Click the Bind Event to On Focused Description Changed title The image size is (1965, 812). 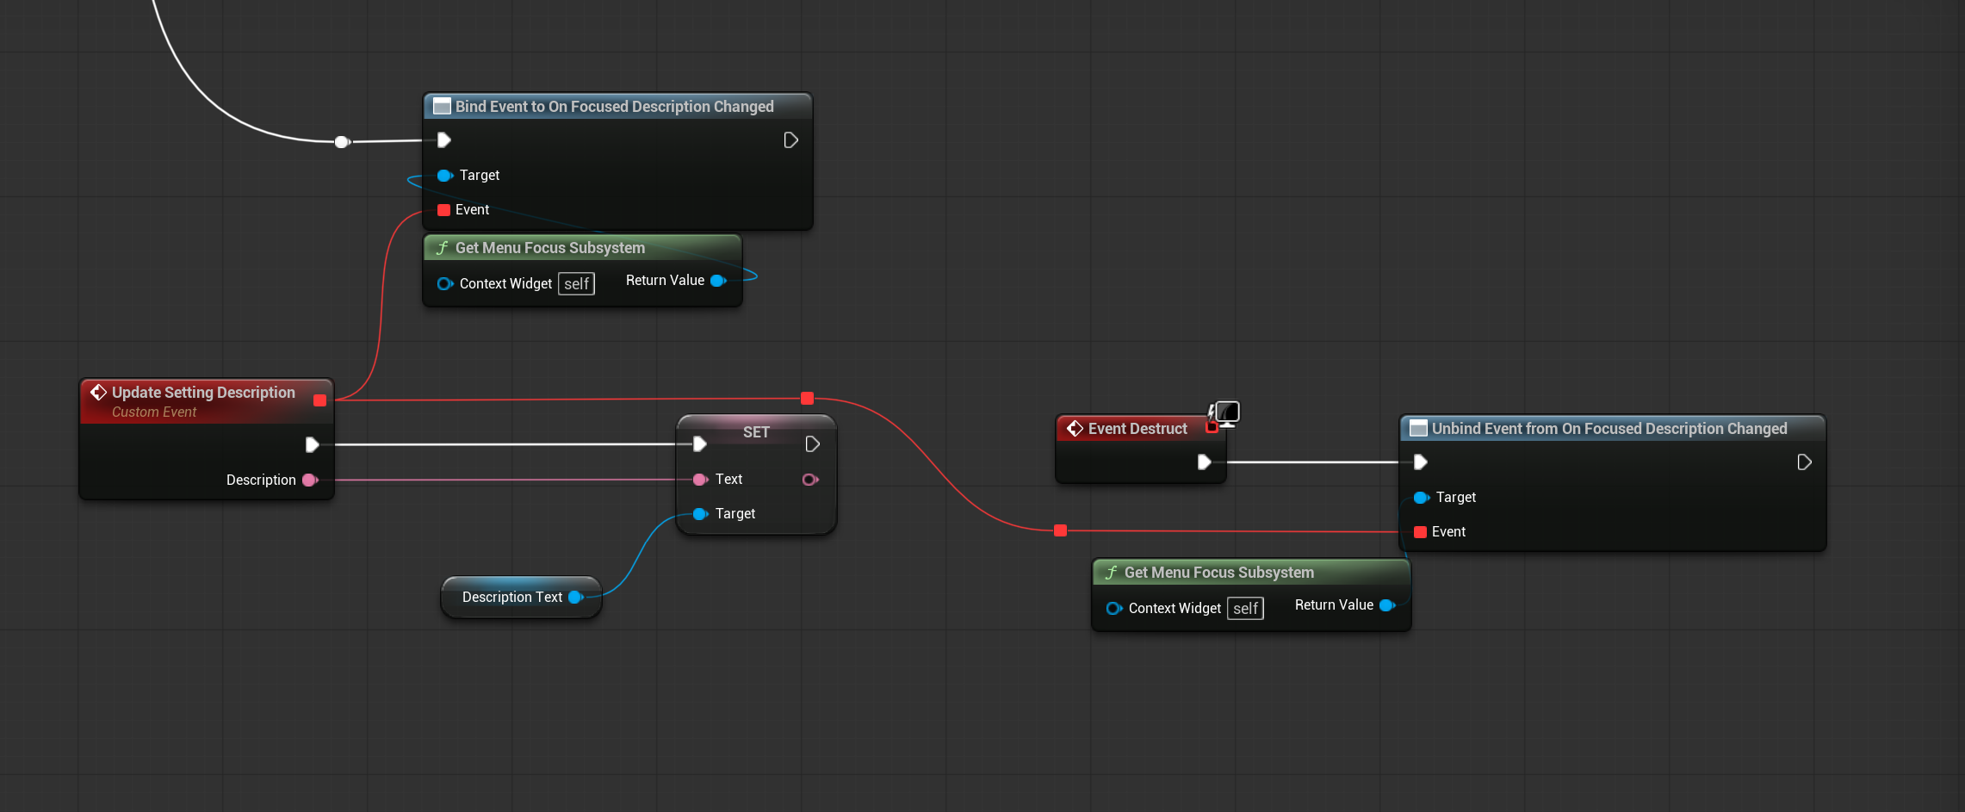pyautogui.click(x=614, y=107)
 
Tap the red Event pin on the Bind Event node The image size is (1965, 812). pyautogui.click(x=444, y=210)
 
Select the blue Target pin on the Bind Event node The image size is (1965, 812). pyautogui.click(x=445, y=176)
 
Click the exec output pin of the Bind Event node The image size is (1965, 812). pyautogui.click(x=790, y=140)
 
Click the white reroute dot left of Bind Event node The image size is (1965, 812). pyautogui.click(x=342, y=142)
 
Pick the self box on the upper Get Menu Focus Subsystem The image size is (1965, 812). pyautogui.click(x=576, y=284)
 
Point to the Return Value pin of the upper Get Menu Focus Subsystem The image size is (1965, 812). pyautogui.click(x=718, y=281)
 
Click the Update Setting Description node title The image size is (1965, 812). pyautogui.click(x=203, y=393)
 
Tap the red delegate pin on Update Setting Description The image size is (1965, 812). pyautogui.click(x=320, y=400)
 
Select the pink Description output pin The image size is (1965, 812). pyautogui.click(x=310, y=480)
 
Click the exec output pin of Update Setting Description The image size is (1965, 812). pyautogui.click(x=312, y=445)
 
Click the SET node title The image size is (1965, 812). pyautogui.click(x=756, y=432)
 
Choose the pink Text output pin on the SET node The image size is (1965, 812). pyautogui.click(x=810, y=480)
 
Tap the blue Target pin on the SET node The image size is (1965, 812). pyautogui.click(x=701, y=514)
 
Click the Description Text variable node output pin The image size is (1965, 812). pyautogui.click(x=576, y=598)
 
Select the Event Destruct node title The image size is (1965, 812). pyautogui.click(x=1137, y=429)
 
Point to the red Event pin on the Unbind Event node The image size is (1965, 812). pyautogui.click(x=1421, y=532)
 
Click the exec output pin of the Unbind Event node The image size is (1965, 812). pyautogui.click(x=1804, y=462)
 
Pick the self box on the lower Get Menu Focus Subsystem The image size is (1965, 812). pyautogui.click(x=1245, y=609)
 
